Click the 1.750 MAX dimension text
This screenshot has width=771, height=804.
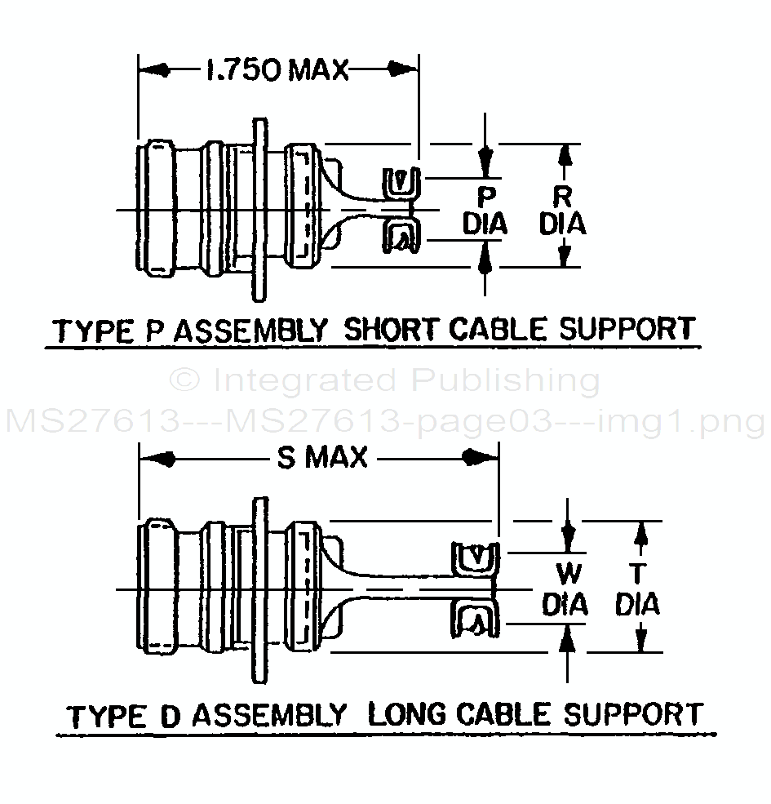[x=277, y=71]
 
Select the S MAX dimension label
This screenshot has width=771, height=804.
[x=323, y=458]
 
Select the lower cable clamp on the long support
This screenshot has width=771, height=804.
[x=472, y=620]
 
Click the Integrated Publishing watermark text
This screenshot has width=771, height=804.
[x=384, y=380]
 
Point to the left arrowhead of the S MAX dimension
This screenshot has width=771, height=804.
[x=159, y=459]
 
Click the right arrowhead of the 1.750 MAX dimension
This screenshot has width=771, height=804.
[x=401, y=71]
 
